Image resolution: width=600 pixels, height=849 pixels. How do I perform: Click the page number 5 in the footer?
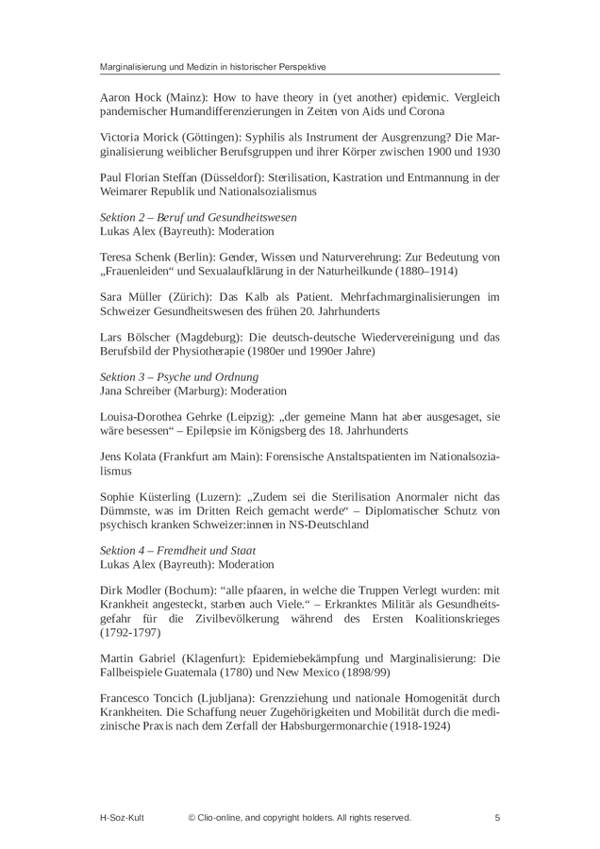497,817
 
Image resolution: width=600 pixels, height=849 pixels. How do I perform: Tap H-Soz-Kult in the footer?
124,817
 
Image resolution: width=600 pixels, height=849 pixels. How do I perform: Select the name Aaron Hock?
130,96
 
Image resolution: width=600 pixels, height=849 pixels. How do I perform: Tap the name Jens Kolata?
127,457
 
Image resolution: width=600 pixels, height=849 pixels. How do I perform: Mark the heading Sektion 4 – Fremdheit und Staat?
177,550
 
